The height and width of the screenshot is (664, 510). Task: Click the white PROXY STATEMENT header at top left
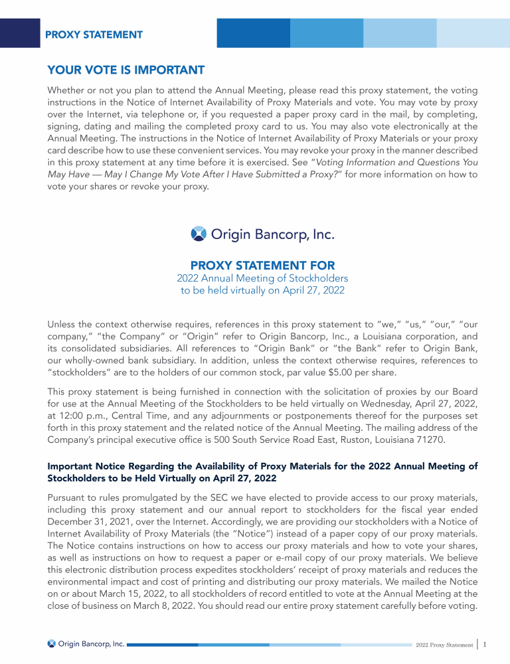[94, 35]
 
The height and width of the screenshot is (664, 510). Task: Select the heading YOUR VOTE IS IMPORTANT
[126, 70]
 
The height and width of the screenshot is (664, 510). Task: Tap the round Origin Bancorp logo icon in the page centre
[199, 234]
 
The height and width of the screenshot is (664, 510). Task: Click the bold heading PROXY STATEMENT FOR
[262, 266]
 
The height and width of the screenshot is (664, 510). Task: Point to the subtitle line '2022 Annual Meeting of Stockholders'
[262, 278]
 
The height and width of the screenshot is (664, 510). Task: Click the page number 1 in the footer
[486, 644]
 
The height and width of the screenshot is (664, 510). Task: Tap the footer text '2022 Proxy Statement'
[444, 645]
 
